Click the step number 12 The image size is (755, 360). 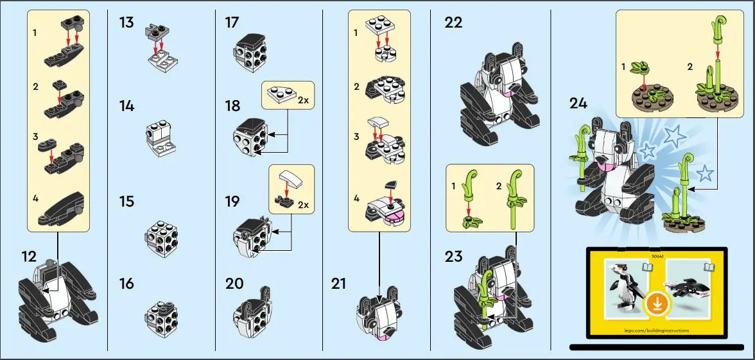point(28,257)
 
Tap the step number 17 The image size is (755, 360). point(232,23)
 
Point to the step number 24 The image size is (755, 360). point(578,103)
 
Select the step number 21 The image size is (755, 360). point(338,282)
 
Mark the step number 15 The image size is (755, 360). point(126,201)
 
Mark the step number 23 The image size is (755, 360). point(453,257)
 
